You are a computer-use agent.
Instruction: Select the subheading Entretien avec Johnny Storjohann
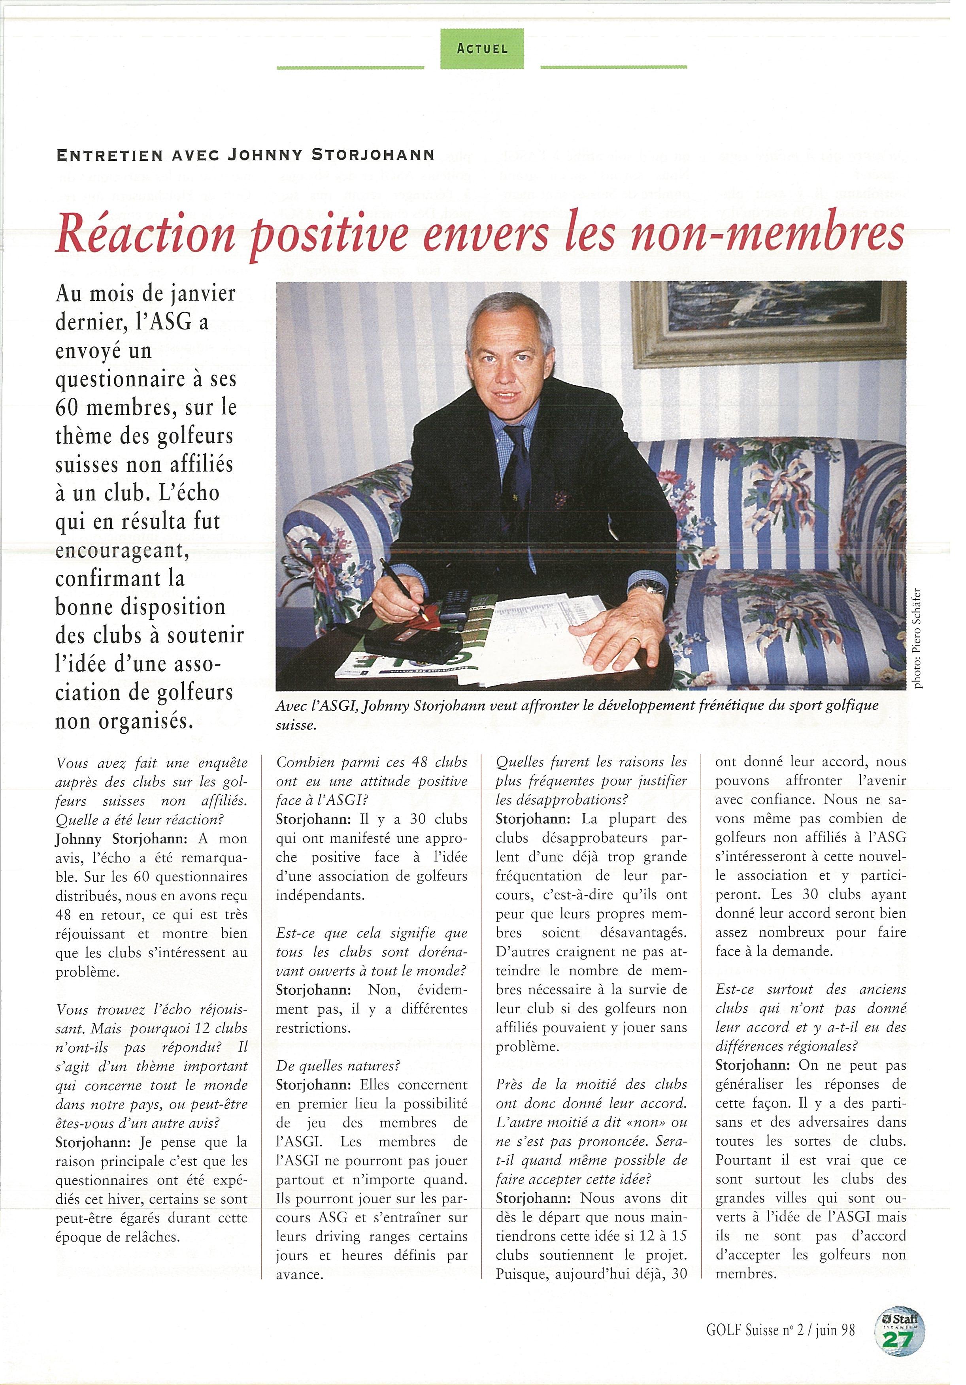coord(245,155)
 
